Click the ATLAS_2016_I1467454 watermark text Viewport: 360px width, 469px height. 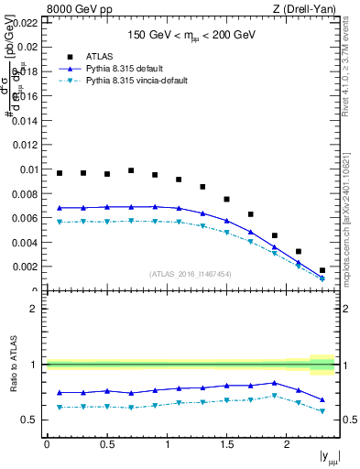[191, 274]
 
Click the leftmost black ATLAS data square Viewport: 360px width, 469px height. [60, 173]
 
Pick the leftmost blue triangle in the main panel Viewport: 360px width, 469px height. [60, 208]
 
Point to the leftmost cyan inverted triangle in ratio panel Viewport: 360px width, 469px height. [60, 407]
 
